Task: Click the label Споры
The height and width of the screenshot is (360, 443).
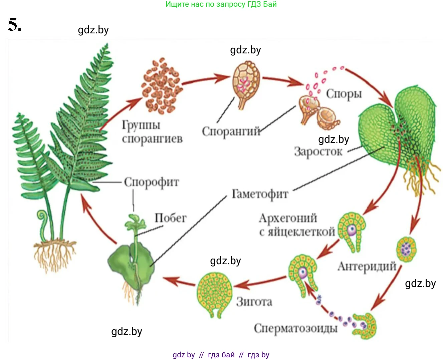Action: (x=344, y=94)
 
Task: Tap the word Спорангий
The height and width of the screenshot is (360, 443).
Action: (x=231, y=131)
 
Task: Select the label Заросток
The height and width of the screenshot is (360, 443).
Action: (x=318, y=152)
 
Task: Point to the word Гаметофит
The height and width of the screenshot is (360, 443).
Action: (x=260, y=194)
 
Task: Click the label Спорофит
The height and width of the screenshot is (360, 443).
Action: (x=151, y=182)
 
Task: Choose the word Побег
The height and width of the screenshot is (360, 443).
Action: (x=170, y=218)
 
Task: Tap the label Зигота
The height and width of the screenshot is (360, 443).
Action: (x=254, y=302)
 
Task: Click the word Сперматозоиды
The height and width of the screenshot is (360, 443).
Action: (x=296, y=328)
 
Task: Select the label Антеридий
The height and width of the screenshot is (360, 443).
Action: (x=367, y=267)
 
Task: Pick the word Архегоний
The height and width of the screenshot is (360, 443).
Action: (x=288, y=218)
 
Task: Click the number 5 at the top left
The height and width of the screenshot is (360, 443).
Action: (x=14, y=24)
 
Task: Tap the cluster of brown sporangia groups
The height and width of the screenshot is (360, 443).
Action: (x=162, y=86)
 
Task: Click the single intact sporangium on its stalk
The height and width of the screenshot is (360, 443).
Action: (x=246, y=83)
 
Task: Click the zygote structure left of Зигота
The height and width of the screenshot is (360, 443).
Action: (x=214, y=294)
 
